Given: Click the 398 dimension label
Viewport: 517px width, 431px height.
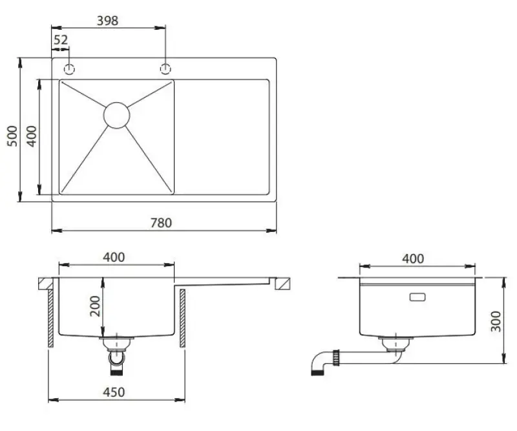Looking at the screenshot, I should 107,21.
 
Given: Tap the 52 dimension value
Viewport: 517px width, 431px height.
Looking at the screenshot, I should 61,40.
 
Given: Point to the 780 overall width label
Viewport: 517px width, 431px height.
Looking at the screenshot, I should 161,223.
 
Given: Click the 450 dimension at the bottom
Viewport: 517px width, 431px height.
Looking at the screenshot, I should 114,392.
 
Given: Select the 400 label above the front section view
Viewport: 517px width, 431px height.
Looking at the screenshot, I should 114,257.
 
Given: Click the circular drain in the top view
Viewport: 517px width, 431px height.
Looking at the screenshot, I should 117,114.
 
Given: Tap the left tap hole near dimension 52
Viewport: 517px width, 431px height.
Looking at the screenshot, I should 69,68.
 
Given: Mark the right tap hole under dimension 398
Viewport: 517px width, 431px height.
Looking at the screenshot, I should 165,68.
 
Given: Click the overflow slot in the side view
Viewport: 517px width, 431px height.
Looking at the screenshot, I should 417,298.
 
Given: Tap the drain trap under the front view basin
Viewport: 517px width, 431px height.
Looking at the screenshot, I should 116,355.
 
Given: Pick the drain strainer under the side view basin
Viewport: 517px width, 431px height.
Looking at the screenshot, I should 391,343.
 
